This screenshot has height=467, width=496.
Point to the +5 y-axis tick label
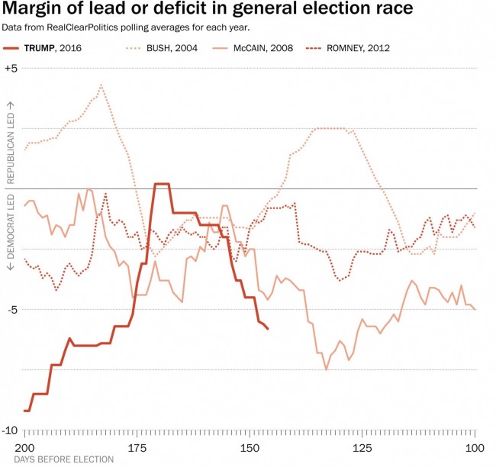click(11, 68)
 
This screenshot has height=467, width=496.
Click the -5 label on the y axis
click(11, 310)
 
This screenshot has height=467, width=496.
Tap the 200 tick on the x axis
click(24, 447)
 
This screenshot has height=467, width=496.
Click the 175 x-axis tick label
click(137, 447)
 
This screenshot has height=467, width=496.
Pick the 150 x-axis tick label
click(250, 447)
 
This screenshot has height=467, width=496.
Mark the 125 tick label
click(362, 447)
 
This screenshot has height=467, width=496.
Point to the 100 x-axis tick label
click(475, 447)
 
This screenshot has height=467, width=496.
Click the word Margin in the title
click(34, 10)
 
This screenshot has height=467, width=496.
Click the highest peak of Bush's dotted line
click(101, 85)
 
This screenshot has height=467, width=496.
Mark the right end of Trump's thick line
click(268, 329)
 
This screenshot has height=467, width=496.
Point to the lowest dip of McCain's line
click(327, 369)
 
